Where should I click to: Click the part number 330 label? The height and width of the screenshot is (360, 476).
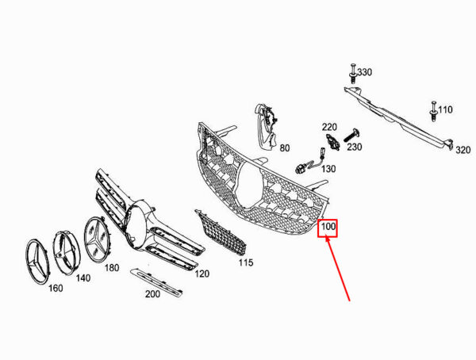click(365, 72)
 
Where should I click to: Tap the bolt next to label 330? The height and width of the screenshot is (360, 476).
click(353, 73)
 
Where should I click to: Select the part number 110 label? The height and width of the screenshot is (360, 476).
click(445, 109)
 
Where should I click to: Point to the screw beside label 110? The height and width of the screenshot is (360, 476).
click(433, 111)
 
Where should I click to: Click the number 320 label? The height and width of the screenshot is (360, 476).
click(463, 150)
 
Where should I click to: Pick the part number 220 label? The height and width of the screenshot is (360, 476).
click(330, 127)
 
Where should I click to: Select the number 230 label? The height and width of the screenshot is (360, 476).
click(355, 147)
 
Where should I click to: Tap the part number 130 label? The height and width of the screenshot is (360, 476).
click(328, 169)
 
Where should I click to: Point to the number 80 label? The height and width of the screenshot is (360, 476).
click(285, 148)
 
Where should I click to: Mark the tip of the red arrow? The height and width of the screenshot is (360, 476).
click(326, 237)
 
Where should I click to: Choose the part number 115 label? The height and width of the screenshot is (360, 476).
click(246, 262)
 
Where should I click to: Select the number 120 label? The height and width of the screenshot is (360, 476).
click(202, 274)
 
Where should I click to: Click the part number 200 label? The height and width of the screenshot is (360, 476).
click(152, 294)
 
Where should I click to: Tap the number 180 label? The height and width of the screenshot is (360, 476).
click(112, 268)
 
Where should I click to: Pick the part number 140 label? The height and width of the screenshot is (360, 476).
click(83, 278)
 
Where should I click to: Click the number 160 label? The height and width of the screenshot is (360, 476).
click(56, 288)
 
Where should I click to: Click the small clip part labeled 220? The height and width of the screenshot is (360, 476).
click(333, 141)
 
